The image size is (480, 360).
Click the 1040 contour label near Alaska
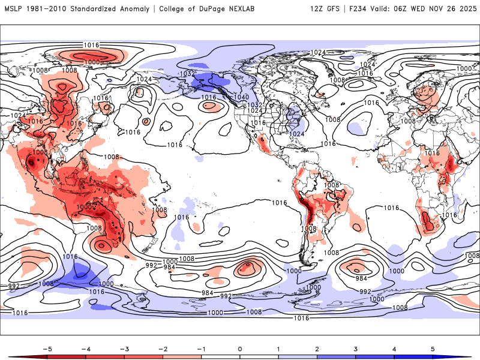[x=242, y=97]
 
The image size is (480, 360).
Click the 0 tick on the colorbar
[x=240, y=348]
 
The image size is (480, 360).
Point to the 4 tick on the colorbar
[x=395, y=348]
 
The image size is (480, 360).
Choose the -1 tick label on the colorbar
[x=201, y=348]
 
